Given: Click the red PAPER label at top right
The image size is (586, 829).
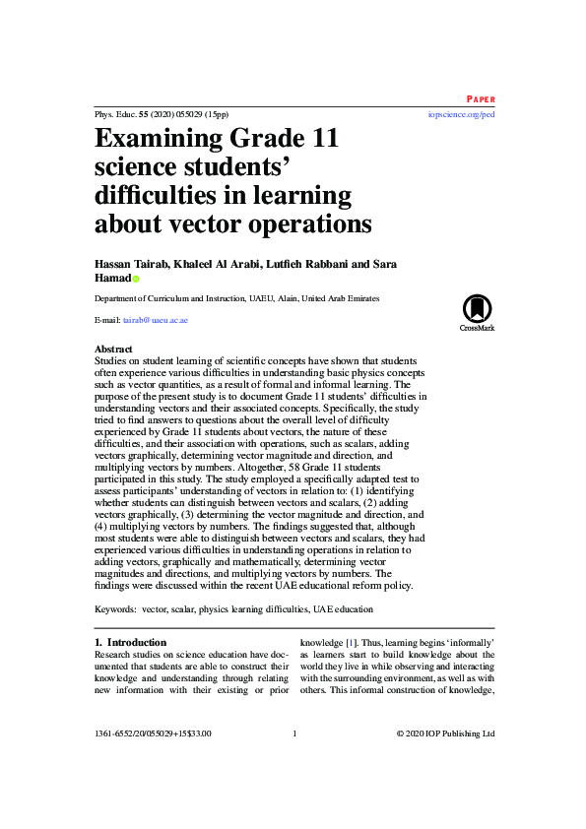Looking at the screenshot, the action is pyautogui.click(x=480, y=99).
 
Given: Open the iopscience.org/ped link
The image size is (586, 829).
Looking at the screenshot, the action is pyautogui.click(x=461, y=114).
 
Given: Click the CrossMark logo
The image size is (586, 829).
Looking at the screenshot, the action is pyautogui.click(x=477, y=313).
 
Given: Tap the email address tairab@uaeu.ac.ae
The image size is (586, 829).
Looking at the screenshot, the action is pyautogui.click(x=155, y=320).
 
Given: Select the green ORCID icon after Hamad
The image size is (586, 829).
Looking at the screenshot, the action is pyautogui.click(x=136, y=279).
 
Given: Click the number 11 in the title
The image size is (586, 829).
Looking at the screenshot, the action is pyautogui.click(x=317, y=138).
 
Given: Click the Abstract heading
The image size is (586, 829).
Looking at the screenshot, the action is pyautogui.click(x=113, y=350).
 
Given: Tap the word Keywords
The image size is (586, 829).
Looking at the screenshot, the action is pyautogui.click(x=114, y=610).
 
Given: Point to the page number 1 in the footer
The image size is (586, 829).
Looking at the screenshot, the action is pyautogui.click(x=294, y=733).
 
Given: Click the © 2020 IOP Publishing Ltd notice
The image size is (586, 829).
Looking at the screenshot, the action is pyautogui.click(x=445, y=733).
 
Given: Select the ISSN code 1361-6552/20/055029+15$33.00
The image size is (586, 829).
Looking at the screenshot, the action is pyautogui.click(x=153, y=733).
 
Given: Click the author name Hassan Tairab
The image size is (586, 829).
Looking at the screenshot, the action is pyautogui.click(x=130, y=264).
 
